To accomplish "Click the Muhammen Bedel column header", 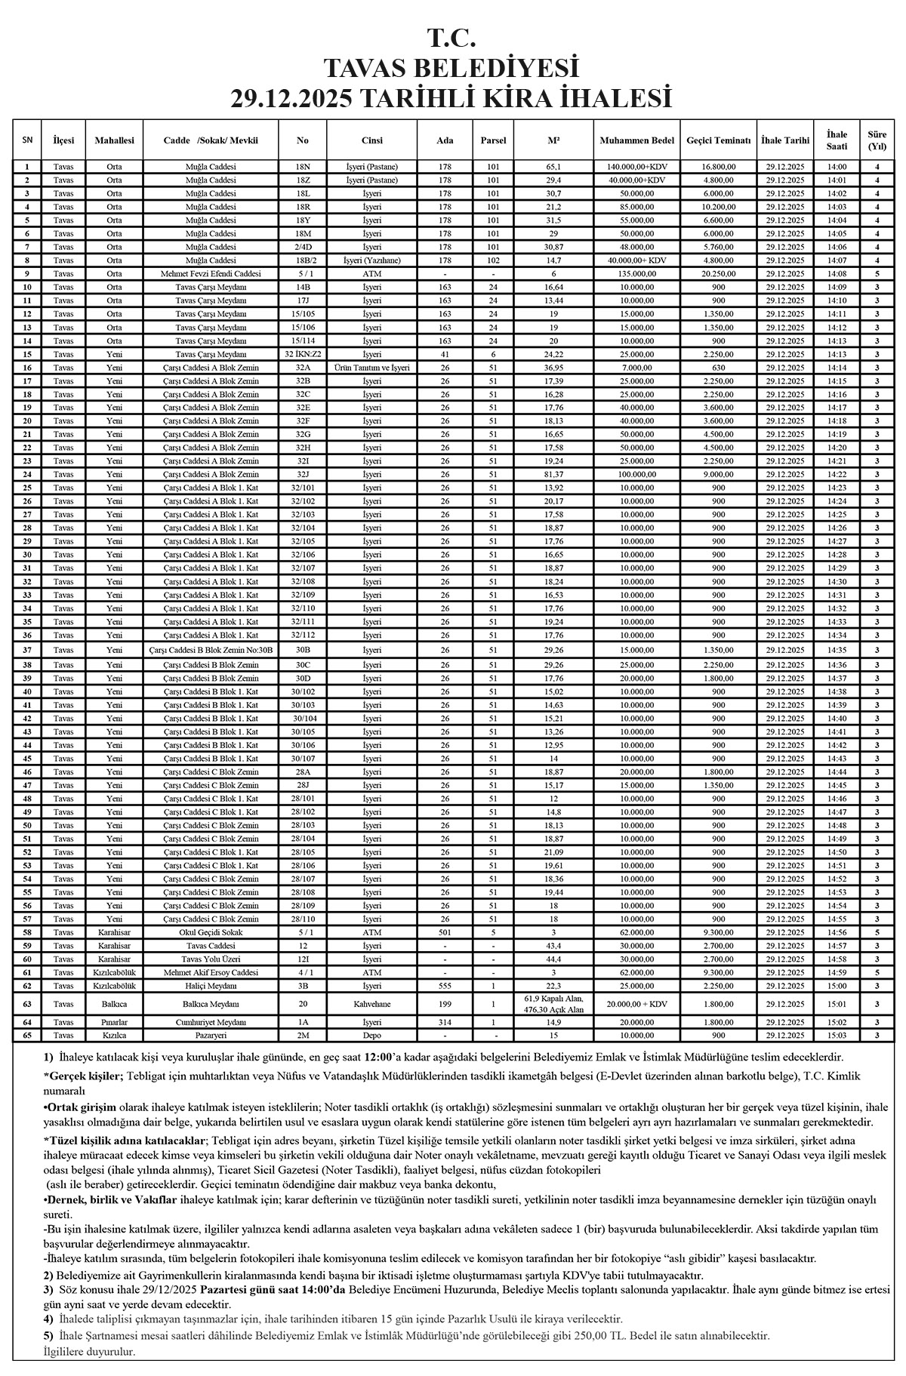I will [636, 140].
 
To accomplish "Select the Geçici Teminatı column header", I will [719, 140].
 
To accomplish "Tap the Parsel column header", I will [493, 140].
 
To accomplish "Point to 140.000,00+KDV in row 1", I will [636, 167].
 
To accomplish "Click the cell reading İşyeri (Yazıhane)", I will [372, 260].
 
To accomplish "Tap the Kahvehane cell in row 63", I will [372, 1004].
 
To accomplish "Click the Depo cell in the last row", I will [372, 1036].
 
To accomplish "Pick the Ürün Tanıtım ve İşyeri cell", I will [372, 368].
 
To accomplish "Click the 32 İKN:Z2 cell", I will [303, 354].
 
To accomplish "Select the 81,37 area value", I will [553, 474].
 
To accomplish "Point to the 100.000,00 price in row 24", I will [636, 474].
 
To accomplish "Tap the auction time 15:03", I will [837, 1036].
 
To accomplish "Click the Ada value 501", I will [445, 932].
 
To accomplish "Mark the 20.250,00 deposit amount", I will [719, 274].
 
